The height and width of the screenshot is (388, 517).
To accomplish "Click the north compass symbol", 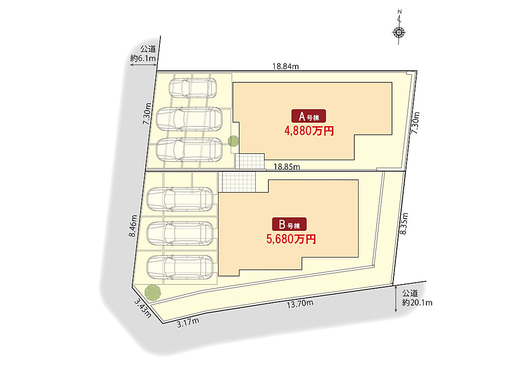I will pyautogui.click(x=399, y=32).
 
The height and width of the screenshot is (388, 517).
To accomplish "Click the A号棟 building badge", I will pyautogui.click(x=308, y=116).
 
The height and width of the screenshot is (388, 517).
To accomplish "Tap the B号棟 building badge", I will pyautogui.click(x=289, y=225).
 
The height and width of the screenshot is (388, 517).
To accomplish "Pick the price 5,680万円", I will pyautogui.click(x=291, y=239).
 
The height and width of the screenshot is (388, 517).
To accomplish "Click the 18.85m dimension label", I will pyautogui.click(x=286, y=166).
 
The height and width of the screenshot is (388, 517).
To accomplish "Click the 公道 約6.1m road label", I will pyautogui.click(x=143, y=54).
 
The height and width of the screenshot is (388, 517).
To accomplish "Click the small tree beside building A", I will pyautogui.click(x=233, y=141).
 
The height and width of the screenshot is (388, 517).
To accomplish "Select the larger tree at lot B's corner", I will pyautogui.click(x=152, y=291).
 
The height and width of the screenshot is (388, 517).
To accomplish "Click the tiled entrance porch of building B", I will pyautogui.click(x=236, y=182).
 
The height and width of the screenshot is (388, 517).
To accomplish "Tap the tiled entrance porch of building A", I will pyautogui.click(x=250, y=161).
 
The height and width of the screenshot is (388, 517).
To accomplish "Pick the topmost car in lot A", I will pyautogui.click(x=193, y=88).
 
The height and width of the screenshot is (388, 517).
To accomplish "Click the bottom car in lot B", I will pyautogui.click(x=180, y=266).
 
